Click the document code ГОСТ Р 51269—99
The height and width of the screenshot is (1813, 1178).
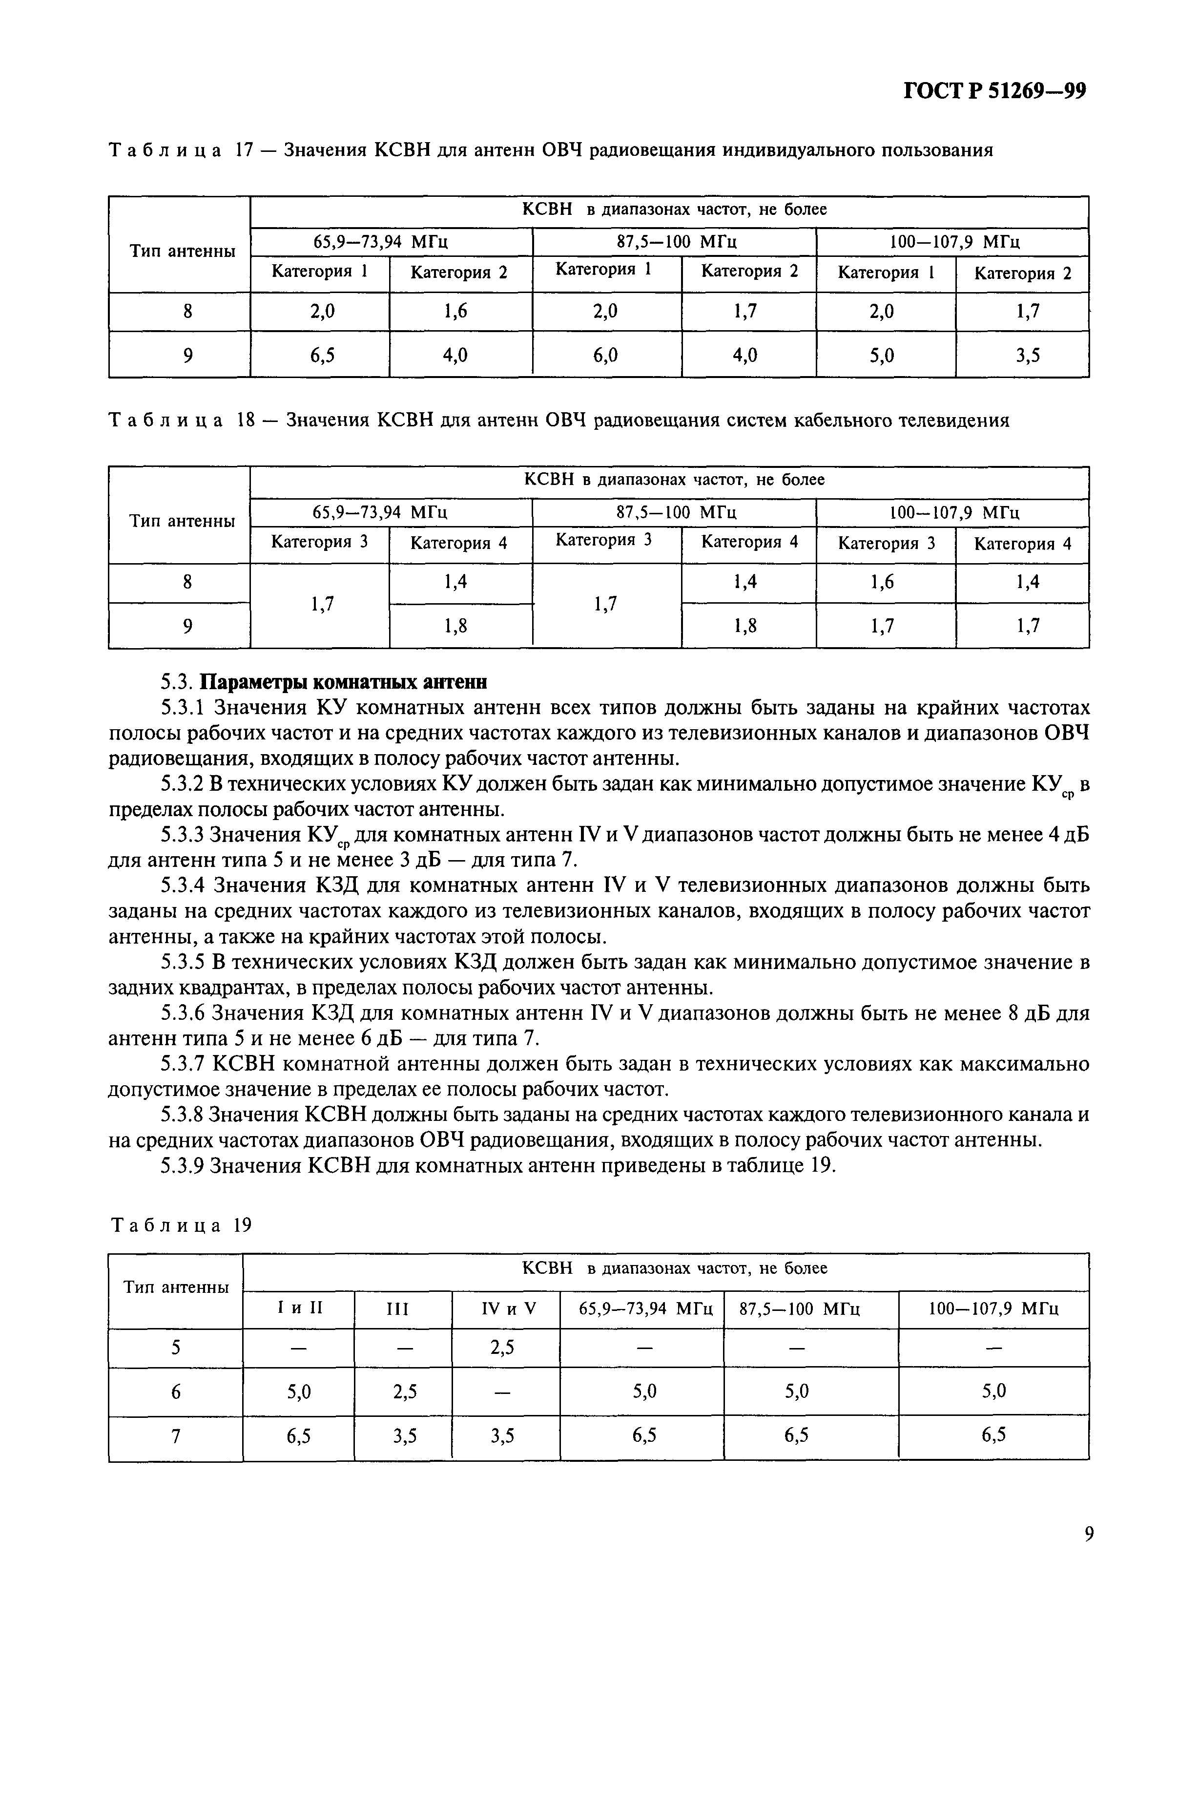point(994,91)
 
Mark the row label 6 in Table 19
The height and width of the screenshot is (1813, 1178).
point(176,1392)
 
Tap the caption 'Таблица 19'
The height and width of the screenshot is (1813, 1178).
point(181,1225)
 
